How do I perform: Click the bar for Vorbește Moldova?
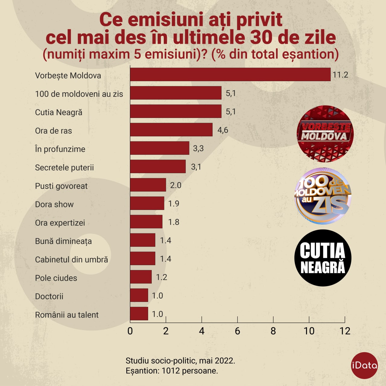pyautogui.click(x=230, y=74)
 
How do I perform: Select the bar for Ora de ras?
pyautogui.click(x=171, y=130)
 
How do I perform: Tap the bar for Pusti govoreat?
pyautogui.click(x=148, y=185)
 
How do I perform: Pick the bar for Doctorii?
pyautogui.click(x=139, y=295)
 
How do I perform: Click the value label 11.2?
pyautogui.click(x=340, y=75)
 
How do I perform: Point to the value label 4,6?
pyautogui.click(x=223, y=130)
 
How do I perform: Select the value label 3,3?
pyautogui.click(x=198, y=148)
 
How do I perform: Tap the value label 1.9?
pyautogui.click(x=174, y=204)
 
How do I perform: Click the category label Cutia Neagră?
pyautogui.click(x=59, y=112)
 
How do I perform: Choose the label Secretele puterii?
pyautogui.click(x=64, y=168)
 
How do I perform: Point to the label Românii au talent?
pyautogui.click(x=67, y=315)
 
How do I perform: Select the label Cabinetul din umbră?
pyautogui.click(x=71, y=260)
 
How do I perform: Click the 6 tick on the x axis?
pyautogui.click(x=237, y=331)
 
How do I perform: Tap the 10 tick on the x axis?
pyautogui.click(x=309, y=331)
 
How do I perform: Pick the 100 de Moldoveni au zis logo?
pyautogui.click(x=323, y=196)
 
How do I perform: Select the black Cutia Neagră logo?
pyautogui.click(x=323, y=258)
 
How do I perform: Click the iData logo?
pyautogui.click(x=365, y=365)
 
